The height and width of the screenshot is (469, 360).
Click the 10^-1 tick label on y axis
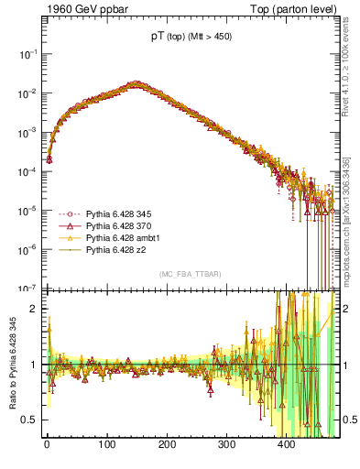click(x=27, y=55)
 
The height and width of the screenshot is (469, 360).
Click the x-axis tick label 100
click(x=106, y=445)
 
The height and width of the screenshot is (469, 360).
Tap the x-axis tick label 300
click(x=226, y=445)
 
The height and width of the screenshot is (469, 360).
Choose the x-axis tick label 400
click(x=286, y=445)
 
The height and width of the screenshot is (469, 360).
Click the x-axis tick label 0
click(x=47, y=445)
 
